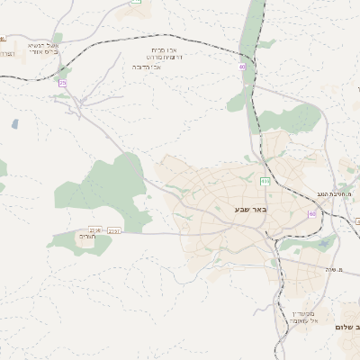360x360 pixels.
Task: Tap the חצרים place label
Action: pos(86,237)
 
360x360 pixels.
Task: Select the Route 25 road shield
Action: pos(63,83)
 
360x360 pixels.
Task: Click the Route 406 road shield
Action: pos(265,182)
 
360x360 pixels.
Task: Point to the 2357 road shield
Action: pos(114,230)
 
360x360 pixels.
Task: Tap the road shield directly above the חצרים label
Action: pos(94,230)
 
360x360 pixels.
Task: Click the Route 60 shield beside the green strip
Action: pos(242,67)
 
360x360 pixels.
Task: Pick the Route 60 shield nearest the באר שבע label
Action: pos(311,213)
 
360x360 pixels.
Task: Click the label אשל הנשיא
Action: pos(42,45)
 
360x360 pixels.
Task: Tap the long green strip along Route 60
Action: pos(255,36)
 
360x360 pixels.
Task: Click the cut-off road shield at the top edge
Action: pos(136,3)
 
